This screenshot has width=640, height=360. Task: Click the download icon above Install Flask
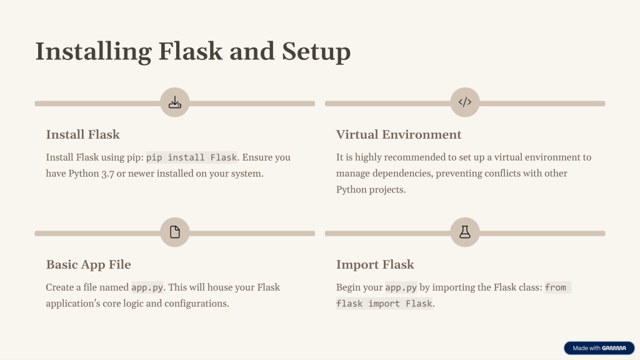[x=175, y=102]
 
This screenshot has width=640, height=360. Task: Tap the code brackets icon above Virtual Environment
[x=465, y=102]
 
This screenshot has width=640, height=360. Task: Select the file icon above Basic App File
[x=175, y=232]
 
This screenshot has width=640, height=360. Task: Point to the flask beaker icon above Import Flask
[x=465, y=232]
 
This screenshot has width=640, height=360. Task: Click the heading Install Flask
[x=83, y=135]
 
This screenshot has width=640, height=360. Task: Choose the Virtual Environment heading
[x=399, y=135]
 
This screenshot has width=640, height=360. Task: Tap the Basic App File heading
[x=89, y=264]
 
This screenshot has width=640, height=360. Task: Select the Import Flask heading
[x=375, y=264]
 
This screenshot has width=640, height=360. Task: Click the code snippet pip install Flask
[x=191, y=157]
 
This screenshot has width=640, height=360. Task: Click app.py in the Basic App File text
[x=147, y=287]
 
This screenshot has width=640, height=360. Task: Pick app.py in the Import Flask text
[x=401, y=287]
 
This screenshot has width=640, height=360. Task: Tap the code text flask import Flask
[x=384, y=304]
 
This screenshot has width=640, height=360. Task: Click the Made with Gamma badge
[x=599, y=348]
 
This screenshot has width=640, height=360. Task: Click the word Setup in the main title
[x=316, y=52]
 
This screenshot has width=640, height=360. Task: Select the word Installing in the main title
[x=94, y=52]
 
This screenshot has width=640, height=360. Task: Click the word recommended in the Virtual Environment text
[x=415, y=157]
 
